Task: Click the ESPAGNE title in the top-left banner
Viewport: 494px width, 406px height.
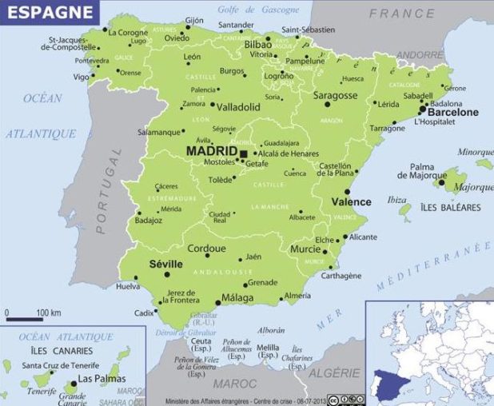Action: click(x=38, y=11)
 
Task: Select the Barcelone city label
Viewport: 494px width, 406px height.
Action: click(x=453, y=113)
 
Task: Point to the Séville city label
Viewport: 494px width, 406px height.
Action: click(x=166, y=264)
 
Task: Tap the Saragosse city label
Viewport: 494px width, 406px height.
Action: click(x=335, y=95)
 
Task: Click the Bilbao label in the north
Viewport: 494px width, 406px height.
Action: click(x=258, y=44)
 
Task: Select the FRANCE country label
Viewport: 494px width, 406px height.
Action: click(x=401, y=14)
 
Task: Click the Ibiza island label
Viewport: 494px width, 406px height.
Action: click(x=396, y=200)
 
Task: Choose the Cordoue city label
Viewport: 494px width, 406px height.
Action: click(x=205, y=249)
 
